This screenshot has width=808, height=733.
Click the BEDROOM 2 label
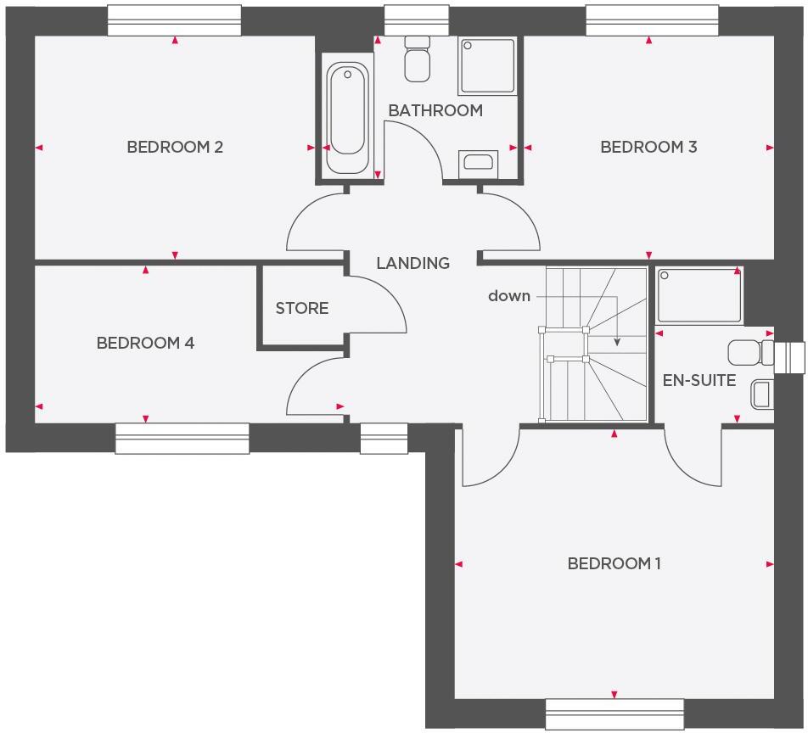point(175,147)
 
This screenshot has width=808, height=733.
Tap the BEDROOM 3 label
point(648,147)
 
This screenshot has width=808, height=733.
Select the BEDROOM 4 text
point(145,343)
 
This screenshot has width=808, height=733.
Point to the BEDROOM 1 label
point(614,563)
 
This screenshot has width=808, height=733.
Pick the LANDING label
point(412,263)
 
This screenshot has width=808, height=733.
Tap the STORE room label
point(301,308)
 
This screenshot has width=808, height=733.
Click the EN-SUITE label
point(699,380)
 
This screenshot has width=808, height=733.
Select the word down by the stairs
point(509,296)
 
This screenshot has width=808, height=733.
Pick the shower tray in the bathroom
point(486,66)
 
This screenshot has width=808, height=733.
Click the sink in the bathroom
point(478,164)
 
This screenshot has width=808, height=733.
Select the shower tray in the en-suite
point(699,295)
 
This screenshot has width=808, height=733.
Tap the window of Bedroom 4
point(182,438)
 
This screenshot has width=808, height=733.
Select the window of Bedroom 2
point(174,21)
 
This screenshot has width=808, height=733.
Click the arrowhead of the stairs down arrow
point(617,342)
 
